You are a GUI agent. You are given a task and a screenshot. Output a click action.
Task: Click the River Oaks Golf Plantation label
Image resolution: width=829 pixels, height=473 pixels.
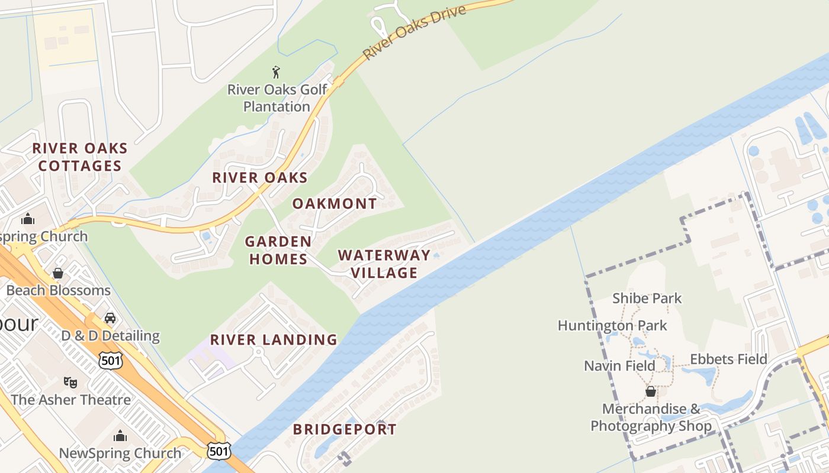[277, 98]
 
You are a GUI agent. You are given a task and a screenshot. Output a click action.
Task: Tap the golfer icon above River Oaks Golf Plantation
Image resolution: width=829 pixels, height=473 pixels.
[276, 73]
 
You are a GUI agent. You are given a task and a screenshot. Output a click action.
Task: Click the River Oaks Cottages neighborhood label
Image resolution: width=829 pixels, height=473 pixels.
[80, 157]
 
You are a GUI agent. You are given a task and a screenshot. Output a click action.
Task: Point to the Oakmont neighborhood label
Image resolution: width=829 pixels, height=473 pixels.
[335, 204]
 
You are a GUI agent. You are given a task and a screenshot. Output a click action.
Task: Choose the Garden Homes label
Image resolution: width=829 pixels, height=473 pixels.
[278, 250]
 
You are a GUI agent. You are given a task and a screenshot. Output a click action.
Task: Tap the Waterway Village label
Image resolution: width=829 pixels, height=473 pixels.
[384, 264]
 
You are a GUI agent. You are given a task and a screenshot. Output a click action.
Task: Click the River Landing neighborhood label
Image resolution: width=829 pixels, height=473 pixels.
[274, 340]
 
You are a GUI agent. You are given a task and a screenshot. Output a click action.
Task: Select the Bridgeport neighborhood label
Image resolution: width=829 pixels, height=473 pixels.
[345, 430]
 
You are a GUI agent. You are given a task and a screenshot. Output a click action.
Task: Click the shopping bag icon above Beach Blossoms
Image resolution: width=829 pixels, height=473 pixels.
[58, 273]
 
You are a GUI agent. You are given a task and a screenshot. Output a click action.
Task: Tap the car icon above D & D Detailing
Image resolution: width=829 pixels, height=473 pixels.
[110, 318]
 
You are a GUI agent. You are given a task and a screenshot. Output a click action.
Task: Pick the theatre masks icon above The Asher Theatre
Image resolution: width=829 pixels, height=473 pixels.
[70, 382]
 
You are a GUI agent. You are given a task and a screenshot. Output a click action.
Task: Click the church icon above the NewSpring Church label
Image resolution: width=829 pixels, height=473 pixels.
[120, 436]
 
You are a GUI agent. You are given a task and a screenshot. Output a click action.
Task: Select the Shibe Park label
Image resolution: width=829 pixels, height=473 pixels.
[647, 299]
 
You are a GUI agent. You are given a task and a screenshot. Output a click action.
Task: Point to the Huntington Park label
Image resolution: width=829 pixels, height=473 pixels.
[612, 326]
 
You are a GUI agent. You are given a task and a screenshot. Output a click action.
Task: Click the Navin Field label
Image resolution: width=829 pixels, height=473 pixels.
[620, 366]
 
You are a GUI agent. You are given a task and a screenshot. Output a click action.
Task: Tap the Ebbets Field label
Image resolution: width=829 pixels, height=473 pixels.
[728, 359]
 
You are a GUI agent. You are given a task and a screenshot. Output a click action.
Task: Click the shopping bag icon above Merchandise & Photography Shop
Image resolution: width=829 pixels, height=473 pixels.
[650, 391]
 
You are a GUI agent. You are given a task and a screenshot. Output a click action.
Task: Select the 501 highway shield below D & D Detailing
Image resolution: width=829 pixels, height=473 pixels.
[111, 361]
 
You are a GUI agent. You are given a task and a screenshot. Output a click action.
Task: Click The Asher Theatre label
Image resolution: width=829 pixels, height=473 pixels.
[70, 400]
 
